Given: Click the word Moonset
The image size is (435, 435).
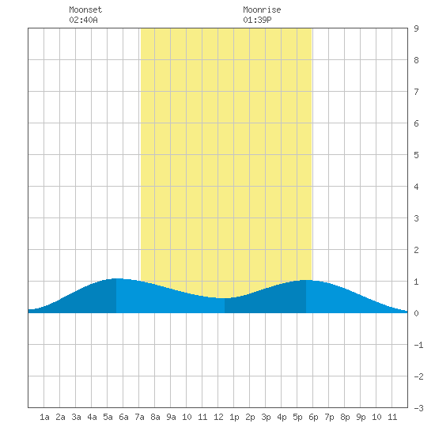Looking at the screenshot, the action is pyautogui.click(x=85, y=9).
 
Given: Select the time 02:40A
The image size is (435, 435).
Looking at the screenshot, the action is pyautogui.click(x=83, y=20).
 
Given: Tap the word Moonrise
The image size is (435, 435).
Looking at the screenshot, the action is pyautogui.click(x=262, y=9).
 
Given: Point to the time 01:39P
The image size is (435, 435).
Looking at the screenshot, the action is pyautogui.click(x=257, y=20).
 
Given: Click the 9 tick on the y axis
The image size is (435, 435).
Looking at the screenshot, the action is pyautogui.click(x=416, y=28).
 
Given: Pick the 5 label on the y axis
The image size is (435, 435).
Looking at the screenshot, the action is pyautogui.click(x=416, y=155).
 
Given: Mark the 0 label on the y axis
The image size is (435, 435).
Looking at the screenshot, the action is pyautogui.click(x=416, y=313).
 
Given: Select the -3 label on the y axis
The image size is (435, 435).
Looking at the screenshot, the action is pyautogui.click(x=418, y=408).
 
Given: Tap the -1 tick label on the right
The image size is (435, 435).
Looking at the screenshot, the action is pyautogui.click(x=418, y=345).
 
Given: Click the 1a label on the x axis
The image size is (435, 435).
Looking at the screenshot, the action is pyautogui.click(x=44, y=417).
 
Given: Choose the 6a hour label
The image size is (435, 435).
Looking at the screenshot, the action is pyautogui.click(x=123, y=417).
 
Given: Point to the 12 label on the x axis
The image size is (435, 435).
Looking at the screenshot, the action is pyautogui.click(x=218, y=417).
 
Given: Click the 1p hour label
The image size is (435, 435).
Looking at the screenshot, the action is pyautogui.click(x=234, y=417).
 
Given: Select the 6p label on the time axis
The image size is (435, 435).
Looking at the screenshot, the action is pyautogui.click(x=313, y=417).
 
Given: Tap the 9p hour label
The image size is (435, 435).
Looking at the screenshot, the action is pyautogui.click(x=361, y=417).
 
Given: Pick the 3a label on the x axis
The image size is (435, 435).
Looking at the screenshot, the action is pyautogui.click(x=76, y=417).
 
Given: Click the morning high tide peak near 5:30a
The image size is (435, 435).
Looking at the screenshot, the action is pyautogui.click(x=116, y=278).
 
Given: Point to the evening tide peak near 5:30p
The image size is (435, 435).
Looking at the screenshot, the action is pyautogui.click(x=306, y=280).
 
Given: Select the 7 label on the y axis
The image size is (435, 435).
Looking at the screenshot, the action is pyautogui.click(x=416, y=92).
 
